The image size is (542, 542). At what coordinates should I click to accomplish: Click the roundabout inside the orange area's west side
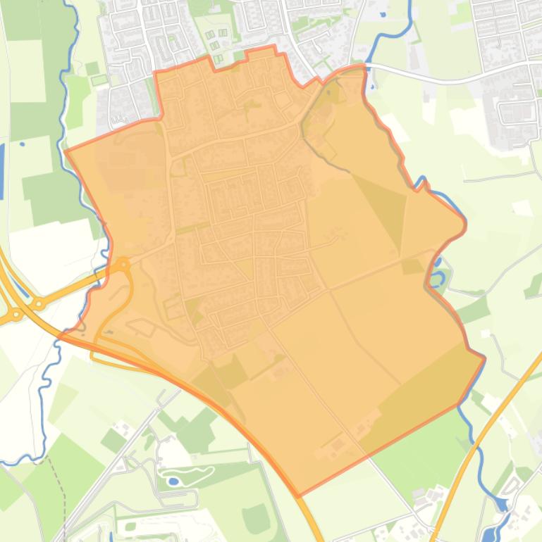pos(123,265)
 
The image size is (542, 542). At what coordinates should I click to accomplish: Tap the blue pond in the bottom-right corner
pos(501,505)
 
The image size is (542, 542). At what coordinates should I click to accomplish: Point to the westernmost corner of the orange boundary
pos(65,150)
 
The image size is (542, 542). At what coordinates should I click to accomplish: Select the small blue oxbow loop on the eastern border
pos(438,276)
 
